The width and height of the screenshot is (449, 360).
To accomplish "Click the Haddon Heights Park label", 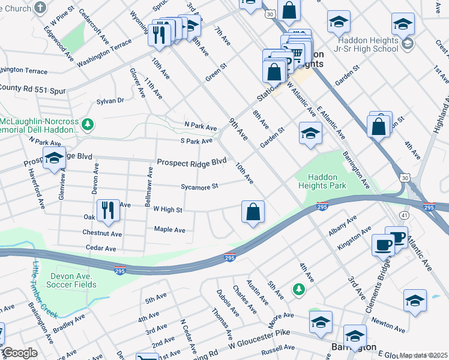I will click(327, 182).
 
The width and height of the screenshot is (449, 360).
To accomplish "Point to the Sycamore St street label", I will click(199, 187).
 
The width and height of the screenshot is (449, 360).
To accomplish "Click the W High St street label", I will click(167, 209).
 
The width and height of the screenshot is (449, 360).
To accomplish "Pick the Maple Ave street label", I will click(170, 229).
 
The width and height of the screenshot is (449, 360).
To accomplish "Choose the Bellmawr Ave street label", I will click(150, 187).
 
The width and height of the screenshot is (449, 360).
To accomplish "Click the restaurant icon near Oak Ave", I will click(108, 210).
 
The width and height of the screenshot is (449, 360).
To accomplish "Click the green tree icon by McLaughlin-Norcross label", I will click(88, 124).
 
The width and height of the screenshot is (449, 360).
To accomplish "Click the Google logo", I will click(20, 353).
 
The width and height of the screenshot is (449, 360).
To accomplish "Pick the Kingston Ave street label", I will click(352, 239).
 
